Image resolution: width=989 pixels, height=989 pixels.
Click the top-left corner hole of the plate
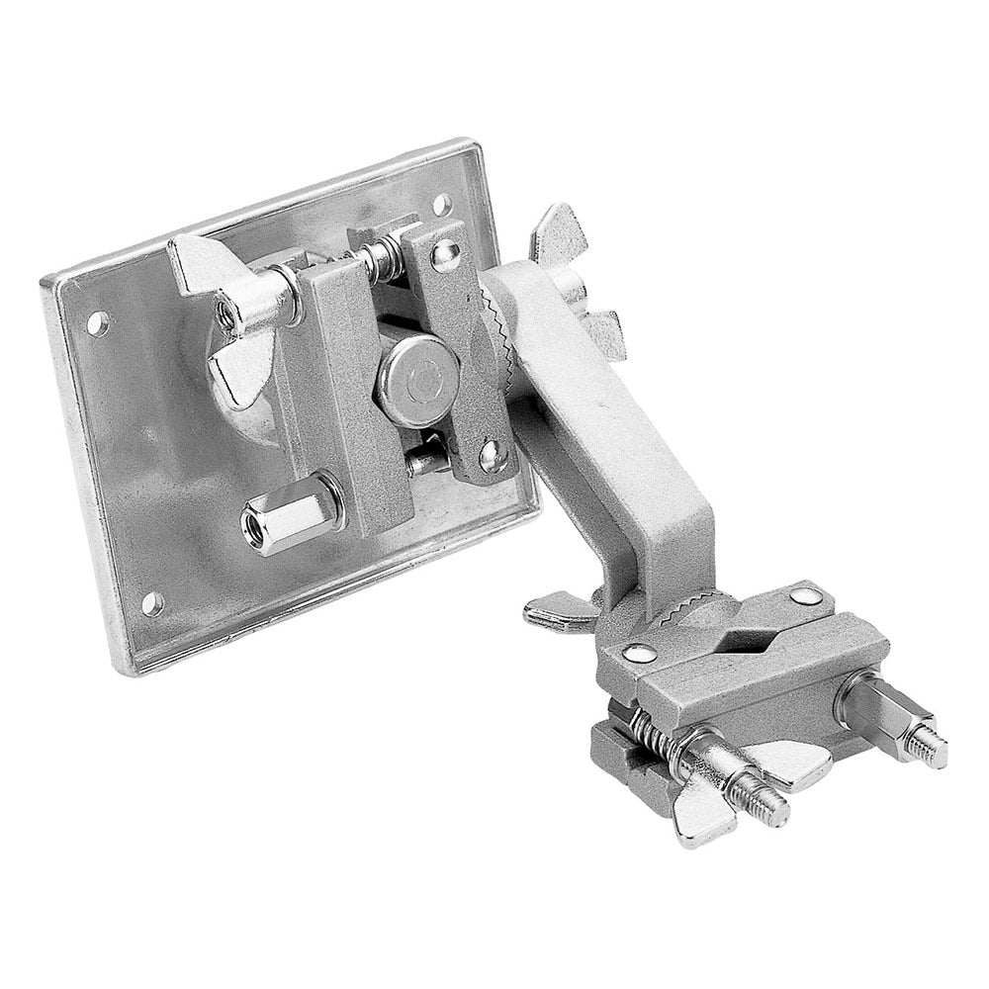[x=96, y=320]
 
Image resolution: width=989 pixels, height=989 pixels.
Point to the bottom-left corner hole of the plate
[x=151, y=600]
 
